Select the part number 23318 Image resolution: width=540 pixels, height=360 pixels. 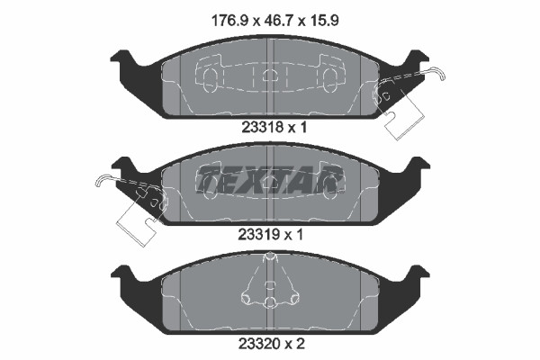(259, 128)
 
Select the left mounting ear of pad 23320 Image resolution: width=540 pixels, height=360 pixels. (124, 272)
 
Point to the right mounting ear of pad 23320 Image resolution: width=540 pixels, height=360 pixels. (416, 272)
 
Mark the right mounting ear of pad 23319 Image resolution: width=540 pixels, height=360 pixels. (416, 166)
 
